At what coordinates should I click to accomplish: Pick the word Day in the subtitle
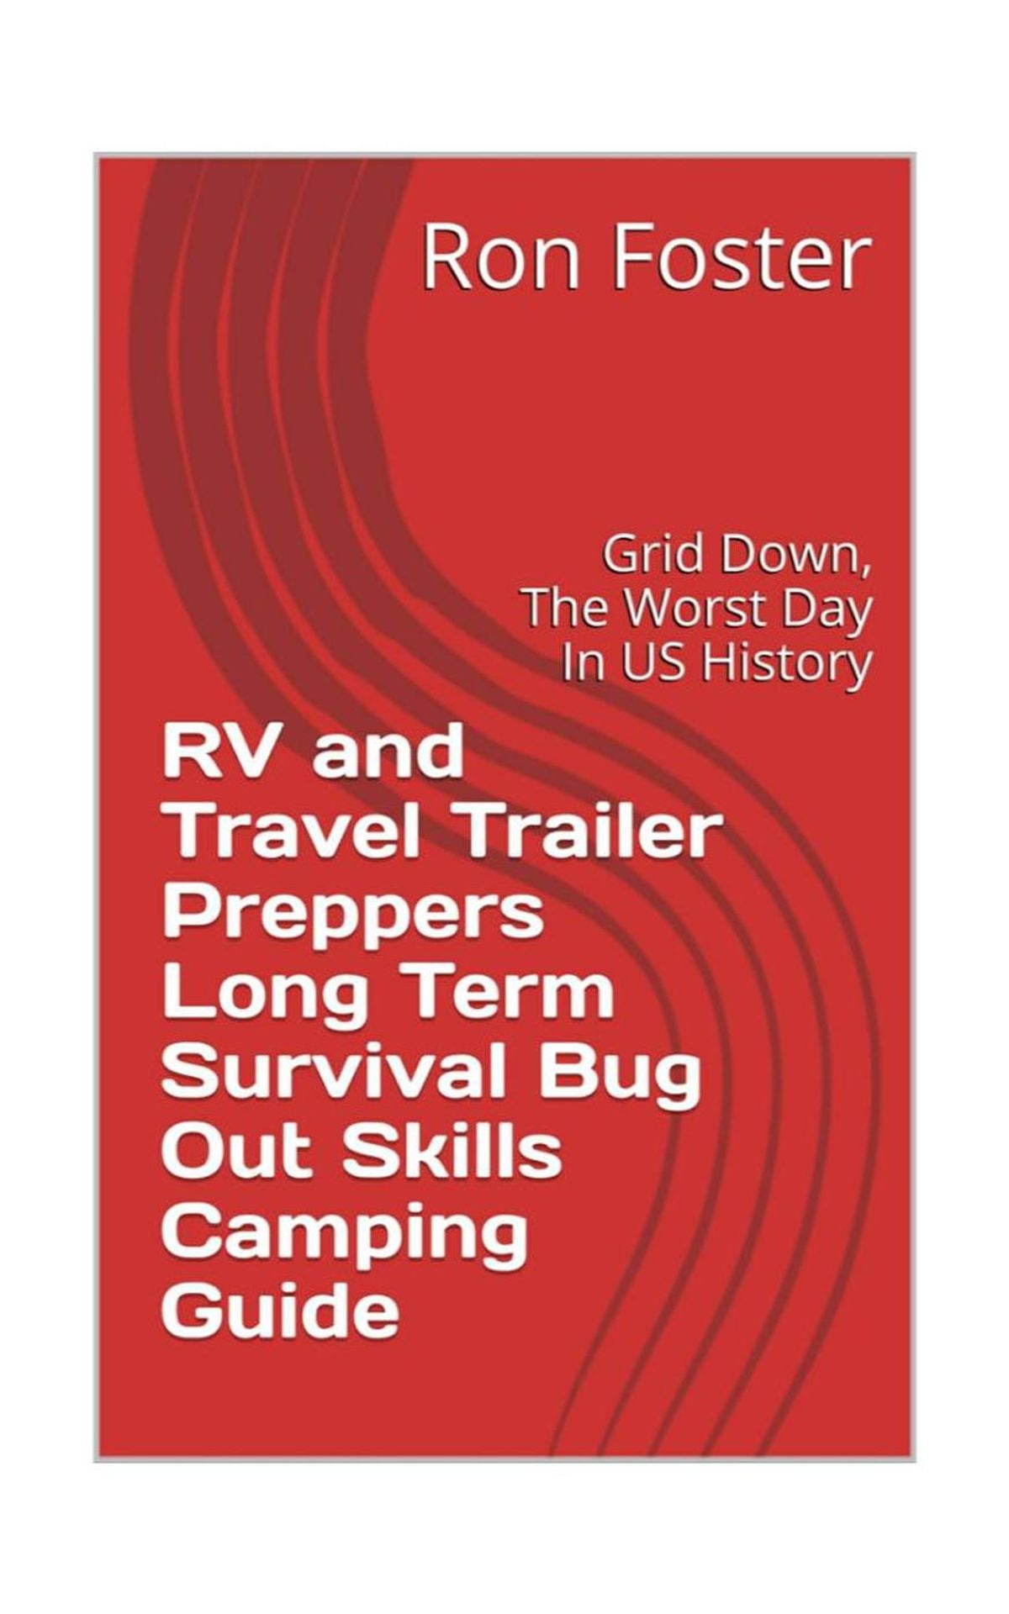[x=828, y=615]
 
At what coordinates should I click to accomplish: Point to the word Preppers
[x=353, y=917]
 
